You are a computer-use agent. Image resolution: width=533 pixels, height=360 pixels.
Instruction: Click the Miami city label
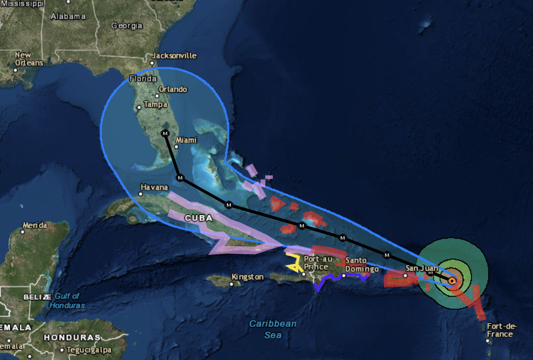186,140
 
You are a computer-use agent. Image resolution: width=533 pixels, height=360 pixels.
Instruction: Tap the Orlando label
173,89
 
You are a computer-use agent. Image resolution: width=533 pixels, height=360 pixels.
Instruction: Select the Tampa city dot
139,107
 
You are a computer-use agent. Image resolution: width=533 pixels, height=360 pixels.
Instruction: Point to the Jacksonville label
174,55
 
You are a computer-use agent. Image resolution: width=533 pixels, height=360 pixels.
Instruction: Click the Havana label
154,187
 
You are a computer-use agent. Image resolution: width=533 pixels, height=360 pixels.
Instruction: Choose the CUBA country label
199,218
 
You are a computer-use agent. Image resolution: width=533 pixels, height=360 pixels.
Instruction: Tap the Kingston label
248,277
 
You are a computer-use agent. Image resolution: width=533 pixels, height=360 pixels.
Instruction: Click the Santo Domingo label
362,265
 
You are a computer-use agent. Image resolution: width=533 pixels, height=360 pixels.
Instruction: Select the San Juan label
422,268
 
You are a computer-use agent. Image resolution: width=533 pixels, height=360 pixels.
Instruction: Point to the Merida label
35,225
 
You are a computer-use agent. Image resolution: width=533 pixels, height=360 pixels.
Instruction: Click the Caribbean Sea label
273,329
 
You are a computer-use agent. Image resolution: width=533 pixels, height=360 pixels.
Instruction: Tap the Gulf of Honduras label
67,301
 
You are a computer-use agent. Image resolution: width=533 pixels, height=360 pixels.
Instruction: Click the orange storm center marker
452,281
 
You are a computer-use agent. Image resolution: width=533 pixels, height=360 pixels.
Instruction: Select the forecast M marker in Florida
165,133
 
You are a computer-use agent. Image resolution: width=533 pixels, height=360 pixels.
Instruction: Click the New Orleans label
29,59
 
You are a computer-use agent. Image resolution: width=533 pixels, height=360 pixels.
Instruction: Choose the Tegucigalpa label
89,350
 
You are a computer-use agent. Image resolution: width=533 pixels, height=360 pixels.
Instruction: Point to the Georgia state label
127,25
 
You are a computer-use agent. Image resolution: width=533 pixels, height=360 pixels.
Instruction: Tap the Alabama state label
68,16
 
